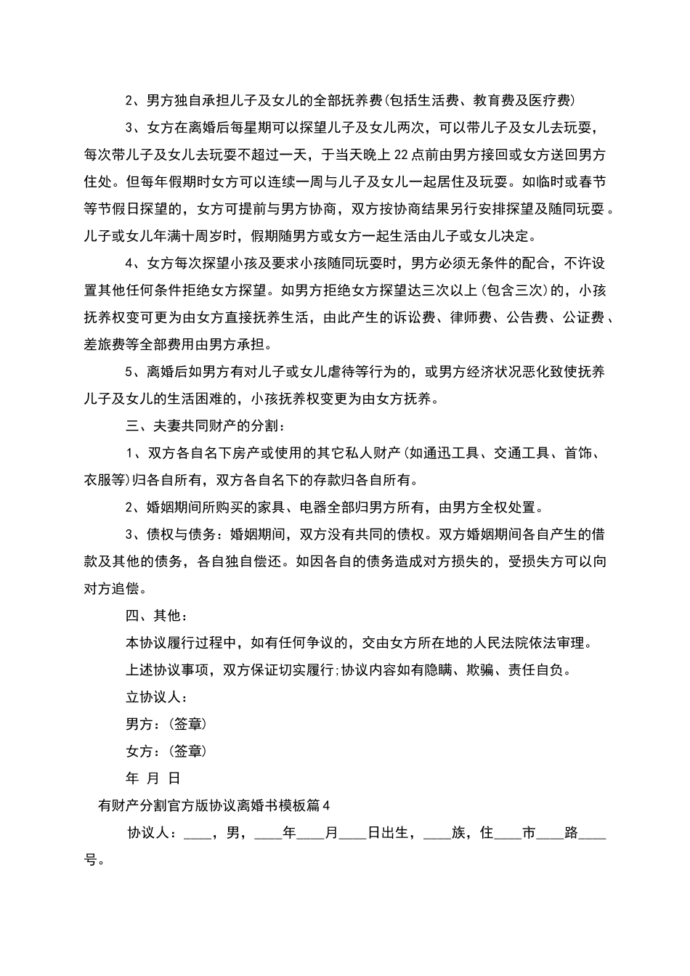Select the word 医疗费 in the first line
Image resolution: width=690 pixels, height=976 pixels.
[x=548, y=100]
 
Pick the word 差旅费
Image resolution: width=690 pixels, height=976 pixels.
[x=106, y=344]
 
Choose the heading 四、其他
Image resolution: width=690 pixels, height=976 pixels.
[x=157, y=616]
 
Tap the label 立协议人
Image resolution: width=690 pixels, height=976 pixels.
[x=157, y=697]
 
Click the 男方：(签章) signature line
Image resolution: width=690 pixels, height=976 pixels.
[x=166, y=724]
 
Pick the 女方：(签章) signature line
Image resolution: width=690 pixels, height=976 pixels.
[x=166, y=752]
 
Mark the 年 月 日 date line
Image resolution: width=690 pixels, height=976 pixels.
[x=153, y=778]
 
